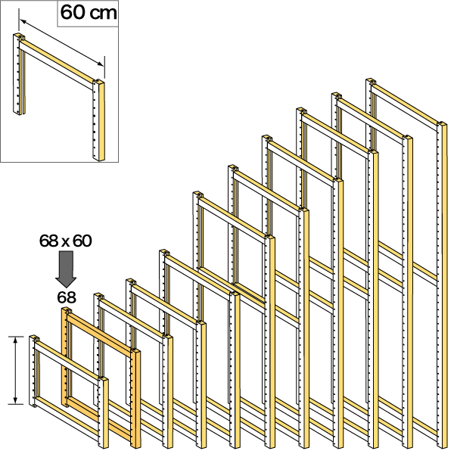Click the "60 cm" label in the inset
(89, 13)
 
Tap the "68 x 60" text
(66, 241)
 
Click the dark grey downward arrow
(66, 269)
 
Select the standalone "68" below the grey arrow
(67, 297)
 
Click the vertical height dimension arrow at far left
(15, 370)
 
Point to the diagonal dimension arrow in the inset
(62, 43)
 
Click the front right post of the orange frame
(135, 399)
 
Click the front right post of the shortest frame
(103, 412)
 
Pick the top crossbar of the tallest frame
(405, 105)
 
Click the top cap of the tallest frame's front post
(442, 124)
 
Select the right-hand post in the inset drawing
(98, 120)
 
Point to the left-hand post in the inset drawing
(18, 73)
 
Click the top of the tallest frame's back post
(371, 81)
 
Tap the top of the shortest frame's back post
(35, 338)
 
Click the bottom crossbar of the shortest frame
(67, 416)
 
